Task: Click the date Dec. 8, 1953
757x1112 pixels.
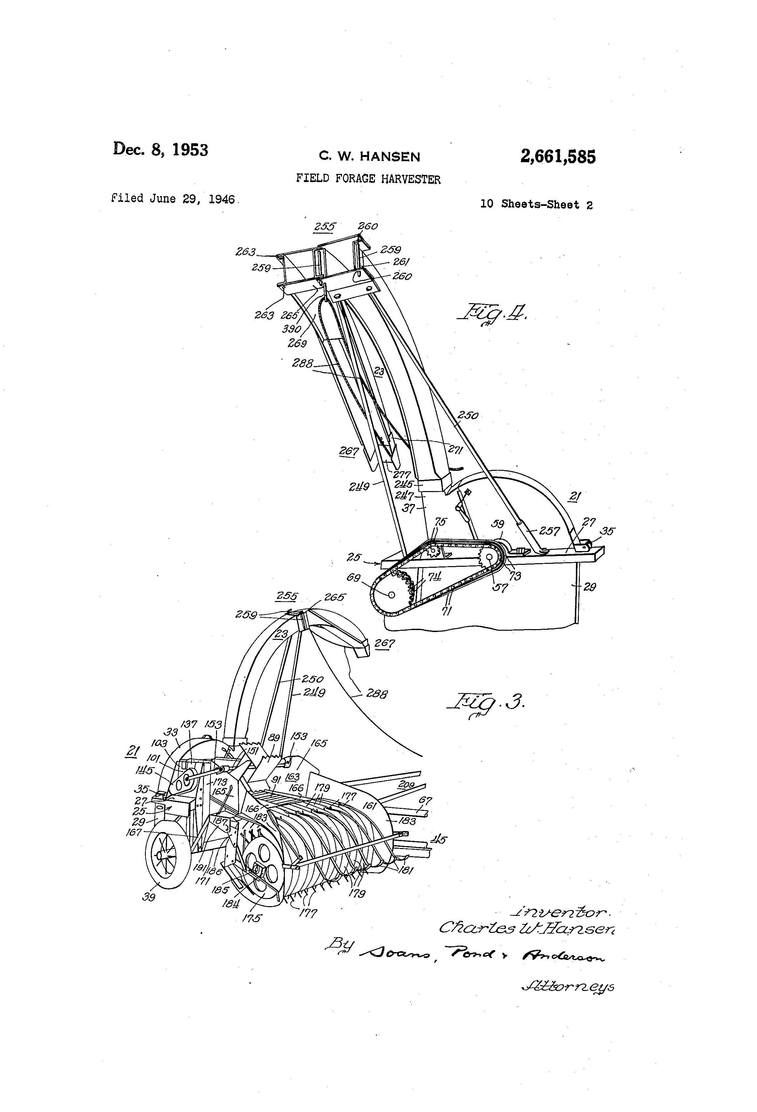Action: [x=160, y=149]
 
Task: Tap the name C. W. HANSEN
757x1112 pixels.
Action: [x=369, y=157]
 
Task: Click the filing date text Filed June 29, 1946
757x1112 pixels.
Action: [x=173, y=199]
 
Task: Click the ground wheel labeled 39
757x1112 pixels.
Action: [x=164, y=856]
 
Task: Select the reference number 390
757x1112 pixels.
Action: [x=291, y=329]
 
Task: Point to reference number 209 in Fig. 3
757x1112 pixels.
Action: [x=406, y=785]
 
